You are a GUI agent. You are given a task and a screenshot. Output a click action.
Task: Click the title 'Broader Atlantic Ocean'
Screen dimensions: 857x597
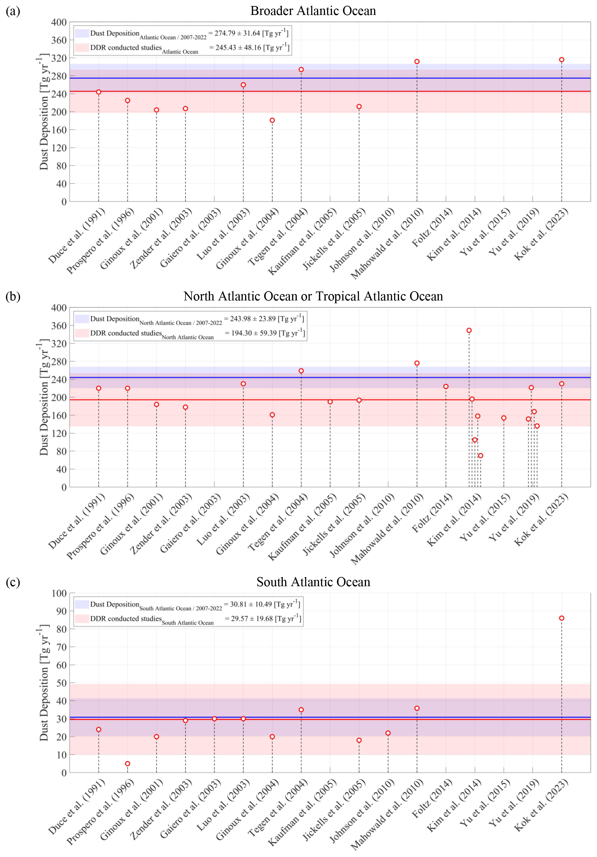coord(313,11)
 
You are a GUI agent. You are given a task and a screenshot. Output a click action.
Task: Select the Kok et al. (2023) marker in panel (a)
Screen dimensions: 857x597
coord(561,60)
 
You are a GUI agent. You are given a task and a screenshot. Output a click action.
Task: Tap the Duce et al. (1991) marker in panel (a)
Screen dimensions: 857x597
coord(98,92)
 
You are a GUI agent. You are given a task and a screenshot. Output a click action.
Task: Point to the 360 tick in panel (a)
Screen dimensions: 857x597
coord(59,40)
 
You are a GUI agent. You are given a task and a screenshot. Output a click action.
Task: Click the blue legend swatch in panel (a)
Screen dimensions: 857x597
coord(82,33)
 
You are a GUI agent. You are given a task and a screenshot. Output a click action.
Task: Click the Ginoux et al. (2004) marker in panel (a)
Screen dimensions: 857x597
coord(272,120)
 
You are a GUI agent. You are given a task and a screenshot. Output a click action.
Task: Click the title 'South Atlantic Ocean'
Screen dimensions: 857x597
coord(313,582)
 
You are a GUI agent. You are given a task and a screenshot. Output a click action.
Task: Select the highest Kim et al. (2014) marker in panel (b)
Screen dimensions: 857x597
coord(469,330)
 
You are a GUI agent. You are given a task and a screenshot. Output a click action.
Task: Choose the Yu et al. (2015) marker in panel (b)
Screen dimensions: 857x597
coord(503,418)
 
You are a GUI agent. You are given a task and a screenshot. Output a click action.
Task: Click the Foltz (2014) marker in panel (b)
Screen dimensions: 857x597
coord(445,386)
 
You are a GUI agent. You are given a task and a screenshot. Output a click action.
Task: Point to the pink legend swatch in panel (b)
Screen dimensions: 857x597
coord(82,333)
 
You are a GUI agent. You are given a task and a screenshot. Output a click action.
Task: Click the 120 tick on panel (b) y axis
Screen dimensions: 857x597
coord(59,433)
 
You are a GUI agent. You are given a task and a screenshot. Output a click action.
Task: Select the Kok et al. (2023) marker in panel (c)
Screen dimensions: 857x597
coord(561,618)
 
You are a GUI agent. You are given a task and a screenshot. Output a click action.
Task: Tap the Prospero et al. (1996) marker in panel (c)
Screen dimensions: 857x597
coord(128,763)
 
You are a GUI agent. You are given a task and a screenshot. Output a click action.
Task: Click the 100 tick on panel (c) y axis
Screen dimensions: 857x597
coord(59,593)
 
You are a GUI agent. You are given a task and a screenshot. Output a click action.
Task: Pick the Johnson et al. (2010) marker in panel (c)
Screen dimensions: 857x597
coord(388,733)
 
